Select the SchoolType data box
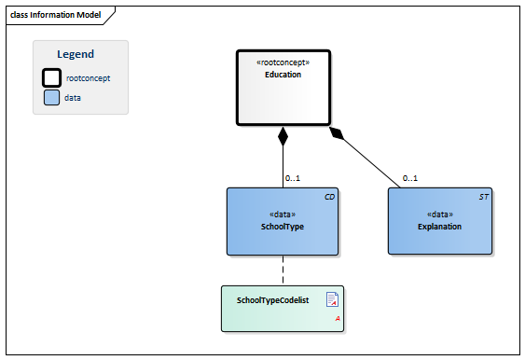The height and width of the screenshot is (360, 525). [283, 222]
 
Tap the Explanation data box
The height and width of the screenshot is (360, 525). [439, 222]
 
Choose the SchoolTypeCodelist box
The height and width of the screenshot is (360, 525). [283, 309]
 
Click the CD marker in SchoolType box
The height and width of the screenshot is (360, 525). [329, 198]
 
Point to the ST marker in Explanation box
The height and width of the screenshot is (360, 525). [484, 198]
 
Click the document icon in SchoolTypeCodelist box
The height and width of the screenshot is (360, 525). [331, 299]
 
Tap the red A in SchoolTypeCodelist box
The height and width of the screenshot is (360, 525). [336, 319]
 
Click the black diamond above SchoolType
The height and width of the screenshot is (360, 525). [283, 137]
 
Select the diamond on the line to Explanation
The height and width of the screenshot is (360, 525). [338, 134]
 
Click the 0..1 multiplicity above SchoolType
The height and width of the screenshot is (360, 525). [293, 178]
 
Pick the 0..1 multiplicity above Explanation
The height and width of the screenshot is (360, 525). [410, 178]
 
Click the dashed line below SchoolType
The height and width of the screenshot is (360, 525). [283, 270]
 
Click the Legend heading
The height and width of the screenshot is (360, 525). [76, 54]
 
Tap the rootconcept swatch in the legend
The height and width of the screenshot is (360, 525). [52, 78]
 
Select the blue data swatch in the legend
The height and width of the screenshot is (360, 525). [52, 97]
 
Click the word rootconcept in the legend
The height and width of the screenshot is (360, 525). [89, 78]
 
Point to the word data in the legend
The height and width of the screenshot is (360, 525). [73, 97]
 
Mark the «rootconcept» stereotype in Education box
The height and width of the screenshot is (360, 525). [283, 62]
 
